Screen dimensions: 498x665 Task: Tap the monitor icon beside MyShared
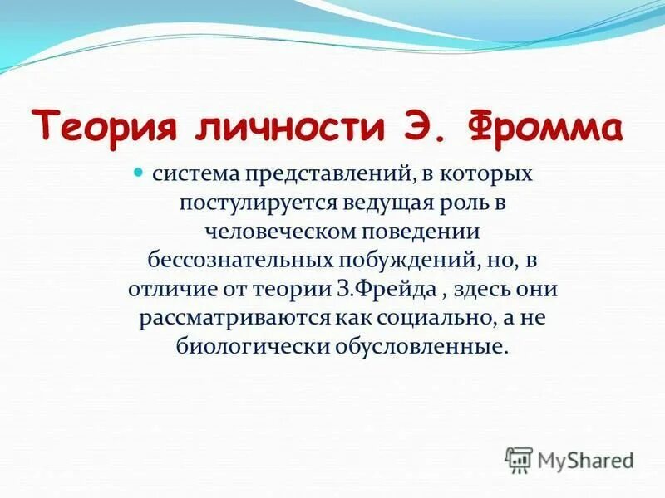pyautogui.click(x=519, y=459)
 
